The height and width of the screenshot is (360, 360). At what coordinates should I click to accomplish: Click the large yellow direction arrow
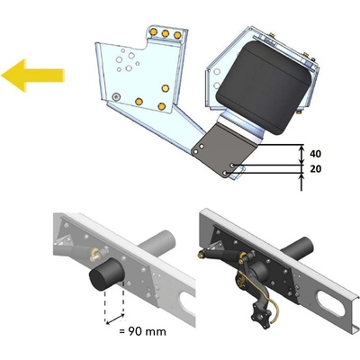(x=32, y=76)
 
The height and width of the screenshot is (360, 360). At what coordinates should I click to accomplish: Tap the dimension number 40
(x=315, y=154)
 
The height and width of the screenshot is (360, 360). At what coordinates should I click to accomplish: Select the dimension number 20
(x=315, y=169)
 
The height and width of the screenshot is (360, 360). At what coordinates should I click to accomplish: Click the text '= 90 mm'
(x=142, y=331)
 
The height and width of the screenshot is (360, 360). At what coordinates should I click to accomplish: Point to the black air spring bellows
(x=265, y=86)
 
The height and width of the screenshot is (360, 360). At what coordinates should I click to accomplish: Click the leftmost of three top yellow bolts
(x=154, y=31)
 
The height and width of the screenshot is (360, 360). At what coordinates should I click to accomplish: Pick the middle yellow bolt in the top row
(x=166, y=33)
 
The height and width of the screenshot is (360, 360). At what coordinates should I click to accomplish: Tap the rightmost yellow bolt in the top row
(x=177, y=35)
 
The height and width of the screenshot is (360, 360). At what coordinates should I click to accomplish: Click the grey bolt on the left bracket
(x=115, y=96)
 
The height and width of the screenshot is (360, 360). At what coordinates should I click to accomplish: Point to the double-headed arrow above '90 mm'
(x=115, y=319)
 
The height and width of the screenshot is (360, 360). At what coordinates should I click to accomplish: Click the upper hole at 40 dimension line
(x=233, y=165)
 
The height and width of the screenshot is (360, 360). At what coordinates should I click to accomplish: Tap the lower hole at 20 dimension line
(x=227, y=173)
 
